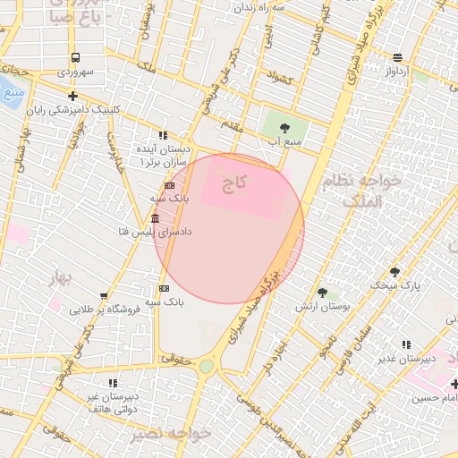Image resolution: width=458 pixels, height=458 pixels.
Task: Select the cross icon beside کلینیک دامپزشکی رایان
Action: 72,96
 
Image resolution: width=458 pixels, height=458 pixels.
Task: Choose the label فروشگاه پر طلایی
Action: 103,309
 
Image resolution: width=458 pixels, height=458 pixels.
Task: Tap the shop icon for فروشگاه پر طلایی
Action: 104,295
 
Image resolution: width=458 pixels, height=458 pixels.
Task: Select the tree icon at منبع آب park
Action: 284,127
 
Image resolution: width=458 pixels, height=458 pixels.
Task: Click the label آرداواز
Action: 397,69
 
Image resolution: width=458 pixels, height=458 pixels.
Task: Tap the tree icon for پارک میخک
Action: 394,272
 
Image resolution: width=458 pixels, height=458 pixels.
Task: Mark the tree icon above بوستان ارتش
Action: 322,292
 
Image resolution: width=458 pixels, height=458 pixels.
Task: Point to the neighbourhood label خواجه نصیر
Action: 170,433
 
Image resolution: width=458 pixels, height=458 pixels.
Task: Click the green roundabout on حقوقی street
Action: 207,366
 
